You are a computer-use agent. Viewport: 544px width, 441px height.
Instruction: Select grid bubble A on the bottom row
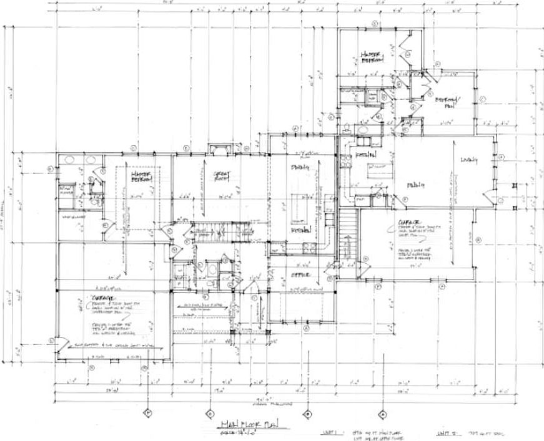tap(382, 413)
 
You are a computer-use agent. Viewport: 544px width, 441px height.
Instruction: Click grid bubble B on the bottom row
tap(307, 413)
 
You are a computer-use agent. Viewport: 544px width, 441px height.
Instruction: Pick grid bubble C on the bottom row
tap(210, 413)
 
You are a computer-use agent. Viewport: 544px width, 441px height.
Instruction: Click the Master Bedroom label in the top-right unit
tap(372, 57)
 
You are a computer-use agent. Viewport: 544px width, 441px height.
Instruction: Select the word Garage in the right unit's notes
tap(407, 221)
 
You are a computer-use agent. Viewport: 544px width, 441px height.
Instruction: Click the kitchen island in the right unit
tap(377, 167)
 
